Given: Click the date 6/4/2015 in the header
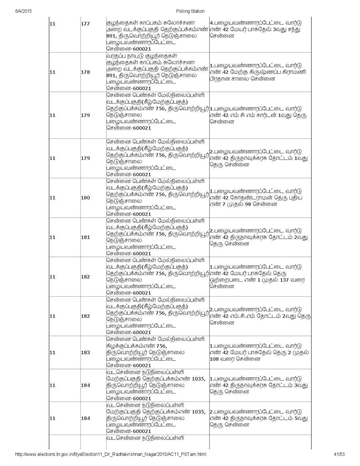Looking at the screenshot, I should point(23,11).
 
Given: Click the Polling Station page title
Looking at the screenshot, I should point(190,11).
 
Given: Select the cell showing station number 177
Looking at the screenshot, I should point(85,24).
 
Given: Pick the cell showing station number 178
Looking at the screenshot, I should point(85,72).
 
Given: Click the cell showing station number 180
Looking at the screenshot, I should point(85,198).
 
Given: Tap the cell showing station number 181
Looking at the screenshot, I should point(85,237).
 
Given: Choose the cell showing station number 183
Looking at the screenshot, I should point(85,352).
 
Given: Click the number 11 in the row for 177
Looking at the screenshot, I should point(52,24).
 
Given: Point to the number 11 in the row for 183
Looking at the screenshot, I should point(52,352).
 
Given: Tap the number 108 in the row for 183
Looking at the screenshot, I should point(215,359).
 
